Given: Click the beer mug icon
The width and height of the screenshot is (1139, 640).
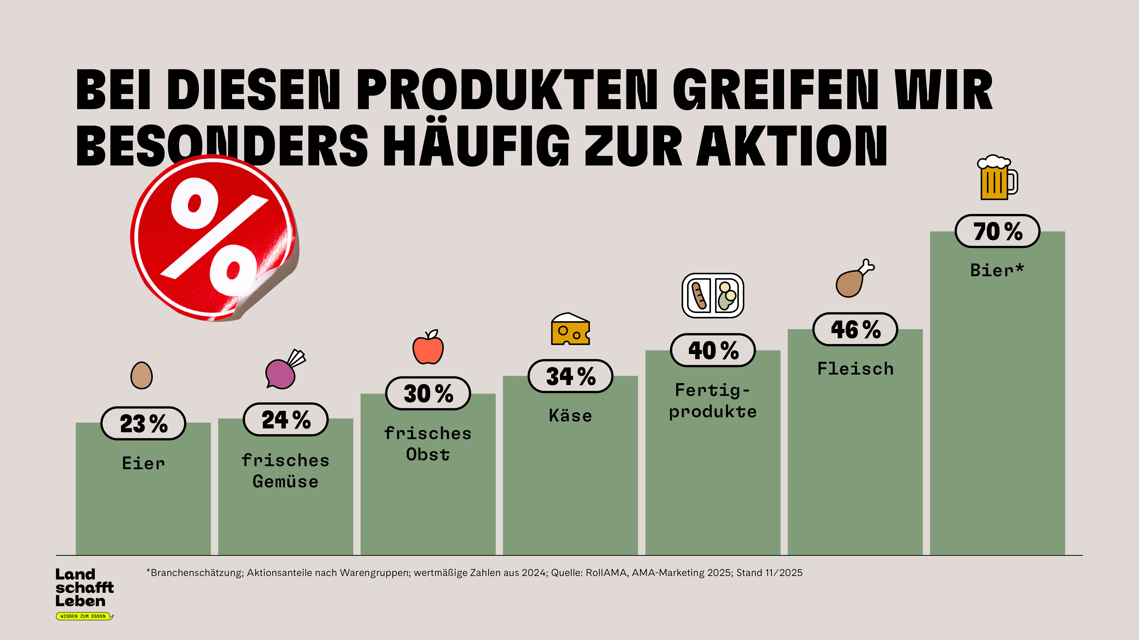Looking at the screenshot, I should (x=997, y=178).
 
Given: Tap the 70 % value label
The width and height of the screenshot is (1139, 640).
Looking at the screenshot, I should (x=998, y=231).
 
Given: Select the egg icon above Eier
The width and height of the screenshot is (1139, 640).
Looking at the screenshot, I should (x=141, y=375).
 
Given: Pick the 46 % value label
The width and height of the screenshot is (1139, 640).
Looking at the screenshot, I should (x=855, y=329).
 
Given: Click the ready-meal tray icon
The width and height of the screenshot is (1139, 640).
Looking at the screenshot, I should (x=713, y=295).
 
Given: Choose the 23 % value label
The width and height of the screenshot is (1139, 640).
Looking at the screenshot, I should (x=143, y=423).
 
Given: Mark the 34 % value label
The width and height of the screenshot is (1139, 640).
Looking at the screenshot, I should (x=570, y=376).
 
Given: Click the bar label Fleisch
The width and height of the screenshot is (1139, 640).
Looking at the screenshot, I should (x=855, y=369).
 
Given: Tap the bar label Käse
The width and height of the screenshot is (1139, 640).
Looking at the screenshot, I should (x=570, y=416).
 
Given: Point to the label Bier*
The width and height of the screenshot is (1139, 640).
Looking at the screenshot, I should (x=997, y=270).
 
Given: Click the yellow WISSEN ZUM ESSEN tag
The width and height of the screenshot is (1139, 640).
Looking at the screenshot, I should (x=84, y=616).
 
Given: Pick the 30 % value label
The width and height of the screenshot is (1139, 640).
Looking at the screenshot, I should (x=428, y=393).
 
